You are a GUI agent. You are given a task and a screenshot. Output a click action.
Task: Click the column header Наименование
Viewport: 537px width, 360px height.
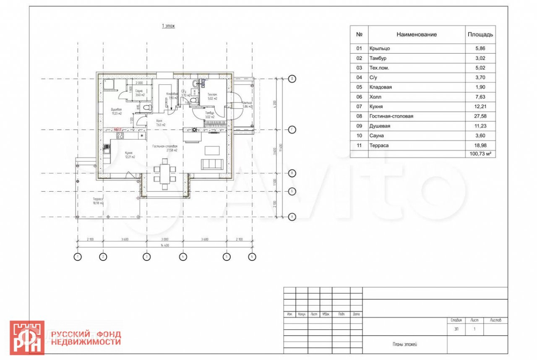tap(417, 34)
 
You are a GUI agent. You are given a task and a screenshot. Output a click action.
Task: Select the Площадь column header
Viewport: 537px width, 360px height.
tap(480, 34)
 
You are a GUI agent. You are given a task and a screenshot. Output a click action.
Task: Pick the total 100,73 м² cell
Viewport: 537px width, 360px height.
tap(480, 154)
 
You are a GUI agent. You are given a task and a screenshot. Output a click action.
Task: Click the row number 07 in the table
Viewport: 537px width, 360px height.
tap(359, 107)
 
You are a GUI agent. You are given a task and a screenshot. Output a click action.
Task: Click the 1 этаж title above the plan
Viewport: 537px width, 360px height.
tap(168, 26)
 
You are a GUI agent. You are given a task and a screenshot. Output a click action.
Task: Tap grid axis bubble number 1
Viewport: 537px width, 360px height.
tap(77, 257)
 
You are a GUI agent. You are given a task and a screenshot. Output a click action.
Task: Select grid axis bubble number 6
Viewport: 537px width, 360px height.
tap(252, 257)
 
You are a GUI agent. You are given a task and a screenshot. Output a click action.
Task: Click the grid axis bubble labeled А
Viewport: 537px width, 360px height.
tap(292, 217)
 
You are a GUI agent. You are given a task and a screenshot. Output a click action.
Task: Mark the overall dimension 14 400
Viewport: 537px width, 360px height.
tap(164, 246)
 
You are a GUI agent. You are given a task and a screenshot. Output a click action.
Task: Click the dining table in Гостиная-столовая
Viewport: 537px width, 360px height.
tap(164, 173)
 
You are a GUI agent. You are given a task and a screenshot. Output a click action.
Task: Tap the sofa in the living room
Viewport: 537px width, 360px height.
tap(211, 164)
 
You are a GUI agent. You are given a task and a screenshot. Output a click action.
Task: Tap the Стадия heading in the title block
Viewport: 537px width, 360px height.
tap(456, 320)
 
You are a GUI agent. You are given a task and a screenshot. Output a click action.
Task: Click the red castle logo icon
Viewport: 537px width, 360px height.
tap(27, 338)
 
